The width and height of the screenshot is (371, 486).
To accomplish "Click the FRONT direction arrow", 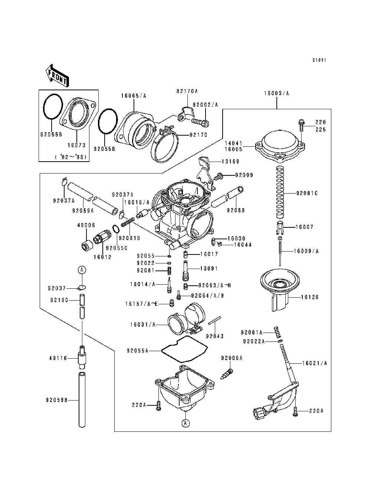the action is [x=57, y=75].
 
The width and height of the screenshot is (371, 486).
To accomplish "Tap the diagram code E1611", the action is [x=319, y=60].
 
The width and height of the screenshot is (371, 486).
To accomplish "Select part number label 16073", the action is [x=76, y=145].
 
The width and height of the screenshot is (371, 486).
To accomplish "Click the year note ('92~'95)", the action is [x=71, y=157].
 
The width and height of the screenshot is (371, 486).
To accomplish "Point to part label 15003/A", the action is [x=276, y=93].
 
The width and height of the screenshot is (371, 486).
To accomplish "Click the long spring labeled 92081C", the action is [x=280, y=191].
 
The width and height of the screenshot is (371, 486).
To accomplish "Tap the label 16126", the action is [x=309, y=297].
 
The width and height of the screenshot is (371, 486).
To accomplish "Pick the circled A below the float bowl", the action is [x=185, y=423].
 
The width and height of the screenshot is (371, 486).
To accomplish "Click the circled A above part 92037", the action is [x=82, y=270].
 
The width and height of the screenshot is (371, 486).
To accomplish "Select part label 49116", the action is [x=58, y=358].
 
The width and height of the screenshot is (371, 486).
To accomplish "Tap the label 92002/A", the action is [x=205, y=105].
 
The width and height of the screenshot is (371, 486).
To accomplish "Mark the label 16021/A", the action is [x=314, y=363].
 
